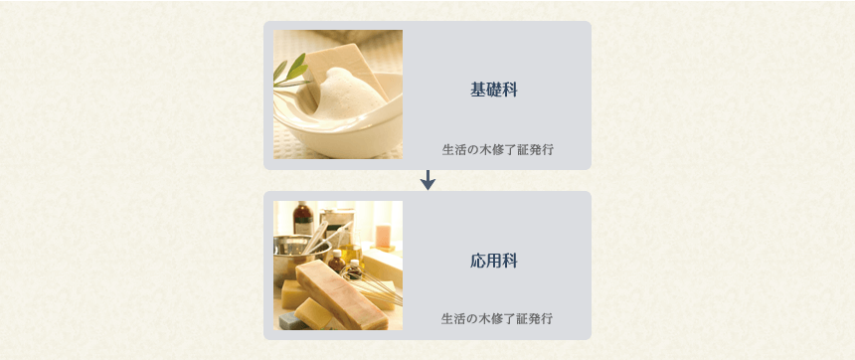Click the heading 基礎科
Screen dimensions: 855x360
494,90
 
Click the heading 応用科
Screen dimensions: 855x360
494,261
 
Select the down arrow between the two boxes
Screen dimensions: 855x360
428,181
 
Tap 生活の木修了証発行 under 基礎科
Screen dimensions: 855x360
498,149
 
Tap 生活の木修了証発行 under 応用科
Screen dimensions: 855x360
497,318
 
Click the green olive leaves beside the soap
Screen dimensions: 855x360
289,72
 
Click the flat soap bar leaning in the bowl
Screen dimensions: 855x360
348,69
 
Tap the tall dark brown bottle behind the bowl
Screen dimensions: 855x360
302,219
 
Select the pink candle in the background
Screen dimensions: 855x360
384,236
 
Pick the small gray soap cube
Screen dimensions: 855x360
292,321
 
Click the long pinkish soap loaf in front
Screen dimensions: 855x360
342,294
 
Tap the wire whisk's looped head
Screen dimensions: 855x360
371,284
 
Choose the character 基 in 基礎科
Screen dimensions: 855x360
478,90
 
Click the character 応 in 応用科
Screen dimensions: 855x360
478,261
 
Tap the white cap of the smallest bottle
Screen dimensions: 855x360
355,264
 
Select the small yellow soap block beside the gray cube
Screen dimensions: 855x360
313,312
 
